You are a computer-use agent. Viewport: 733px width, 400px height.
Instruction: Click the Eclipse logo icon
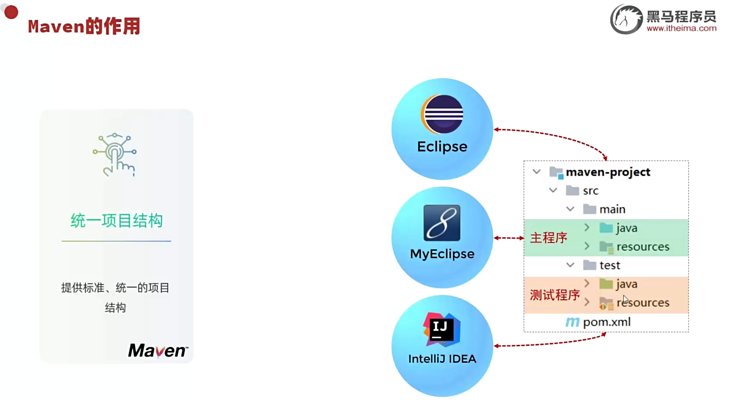[x=442, y=114]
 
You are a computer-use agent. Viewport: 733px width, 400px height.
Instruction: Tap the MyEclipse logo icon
[x=442, y=223]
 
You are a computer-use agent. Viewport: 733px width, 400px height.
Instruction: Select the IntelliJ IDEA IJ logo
[x=442, y=329]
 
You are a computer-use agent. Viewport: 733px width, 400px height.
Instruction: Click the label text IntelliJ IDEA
[x=442, y=359]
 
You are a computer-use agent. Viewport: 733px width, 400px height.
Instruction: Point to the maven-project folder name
[x=608, y=172]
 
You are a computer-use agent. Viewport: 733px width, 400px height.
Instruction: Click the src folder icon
[x=573, y=190]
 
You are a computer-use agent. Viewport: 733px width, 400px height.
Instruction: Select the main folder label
[x=612, y=210]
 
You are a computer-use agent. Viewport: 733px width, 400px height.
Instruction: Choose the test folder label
[x=609, y=265]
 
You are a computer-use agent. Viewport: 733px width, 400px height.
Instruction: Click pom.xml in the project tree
[x=606, y=322]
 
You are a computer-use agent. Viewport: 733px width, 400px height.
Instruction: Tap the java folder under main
[x=626, y=228]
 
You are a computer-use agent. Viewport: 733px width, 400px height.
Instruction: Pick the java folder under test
[x=626, y=284]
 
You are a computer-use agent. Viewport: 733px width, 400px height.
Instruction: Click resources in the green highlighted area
[x=643, y=247]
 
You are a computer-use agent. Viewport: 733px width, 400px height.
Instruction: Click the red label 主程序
[x=548, y=238]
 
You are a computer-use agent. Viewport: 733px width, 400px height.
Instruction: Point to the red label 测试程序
[x=554, y=295]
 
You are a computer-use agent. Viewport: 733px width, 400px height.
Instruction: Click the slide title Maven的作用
[x=84, y=26]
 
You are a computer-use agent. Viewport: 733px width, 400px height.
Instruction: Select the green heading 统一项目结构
[x=116, y=221]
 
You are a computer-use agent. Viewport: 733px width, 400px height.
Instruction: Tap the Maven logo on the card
[x=158, y=351]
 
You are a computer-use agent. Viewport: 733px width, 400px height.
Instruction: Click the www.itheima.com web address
[x=681, y=29]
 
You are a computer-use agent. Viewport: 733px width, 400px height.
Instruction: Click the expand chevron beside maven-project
[x=537, y=172]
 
